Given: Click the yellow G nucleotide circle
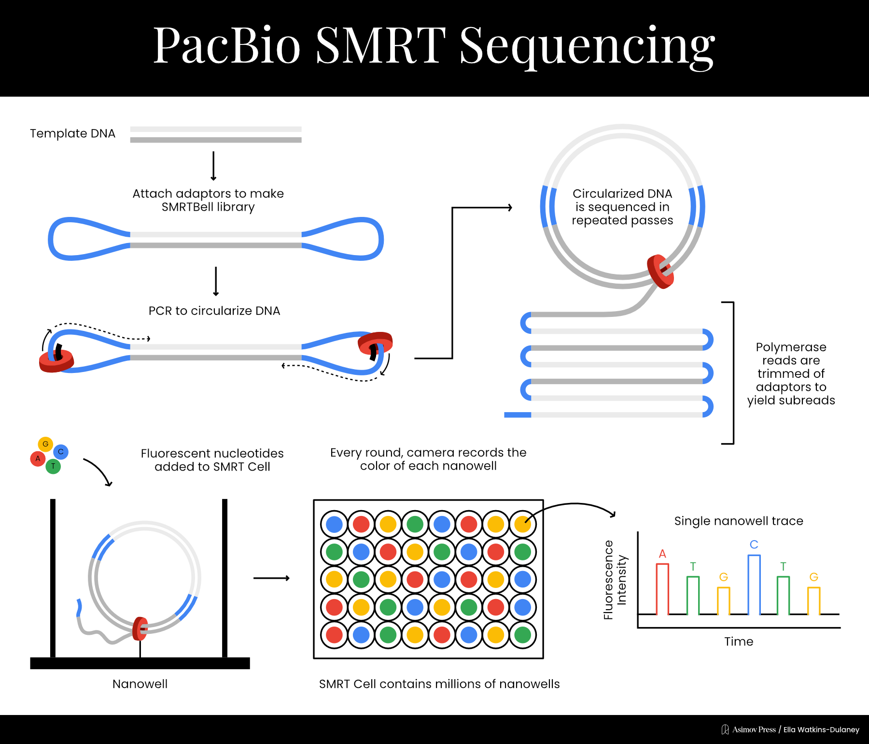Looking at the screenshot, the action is point(45,444).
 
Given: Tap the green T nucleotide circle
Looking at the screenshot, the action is point(53,466).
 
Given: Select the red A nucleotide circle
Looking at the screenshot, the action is point(38,458).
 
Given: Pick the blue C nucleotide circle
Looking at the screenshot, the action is point(61,452).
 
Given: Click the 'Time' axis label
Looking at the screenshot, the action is point(739,642).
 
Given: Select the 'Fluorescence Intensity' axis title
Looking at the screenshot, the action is point(615,580).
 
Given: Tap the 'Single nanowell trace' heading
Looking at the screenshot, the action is point(739,521).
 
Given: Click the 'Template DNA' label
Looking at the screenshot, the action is point(72,133).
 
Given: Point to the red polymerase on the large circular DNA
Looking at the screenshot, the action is point(660,272).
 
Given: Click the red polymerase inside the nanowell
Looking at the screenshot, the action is point(140,629).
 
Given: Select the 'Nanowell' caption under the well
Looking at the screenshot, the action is point(140,684).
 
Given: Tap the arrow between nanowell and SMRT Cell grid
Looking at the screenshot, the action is point(271,578).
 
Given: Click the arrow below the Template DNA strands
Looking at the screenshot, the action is point(213,166).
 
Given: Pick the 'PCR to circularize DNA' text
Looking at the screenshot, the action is point(214,311).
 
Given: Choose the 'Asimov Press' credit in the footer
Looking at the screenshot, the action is point(754,730).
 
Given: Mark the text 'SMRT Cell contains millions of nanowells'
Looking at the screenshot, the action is point(439,684).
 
